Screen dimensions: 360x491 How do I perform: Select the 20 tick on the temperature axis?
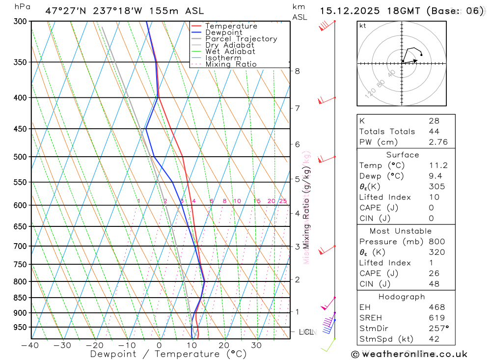tap(224, 345)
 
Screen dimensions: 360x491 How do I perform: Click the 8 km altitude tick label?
tap(297, 71)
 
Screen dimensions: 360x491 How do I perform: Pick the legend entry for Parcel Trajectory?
tap(241, 39)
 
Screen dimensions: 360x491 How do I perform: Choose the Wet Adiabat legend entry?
tap(230, 52)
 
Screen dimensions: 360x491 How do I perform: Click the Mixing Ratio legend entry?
tap(231, 64)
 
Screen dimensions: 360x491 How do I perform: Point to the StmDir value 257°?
tap(438, 329)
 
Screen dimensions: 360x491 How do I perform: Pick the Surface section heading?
tap(403, 155)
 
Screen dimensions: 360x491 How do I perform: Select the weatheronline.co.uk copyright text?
tap(409, 354)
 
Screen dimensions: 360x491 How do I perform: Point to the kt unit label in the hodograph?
tap(363, 26)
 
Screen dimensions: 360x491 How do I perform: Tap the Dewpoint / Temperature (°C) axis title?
tap(168, 354)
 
